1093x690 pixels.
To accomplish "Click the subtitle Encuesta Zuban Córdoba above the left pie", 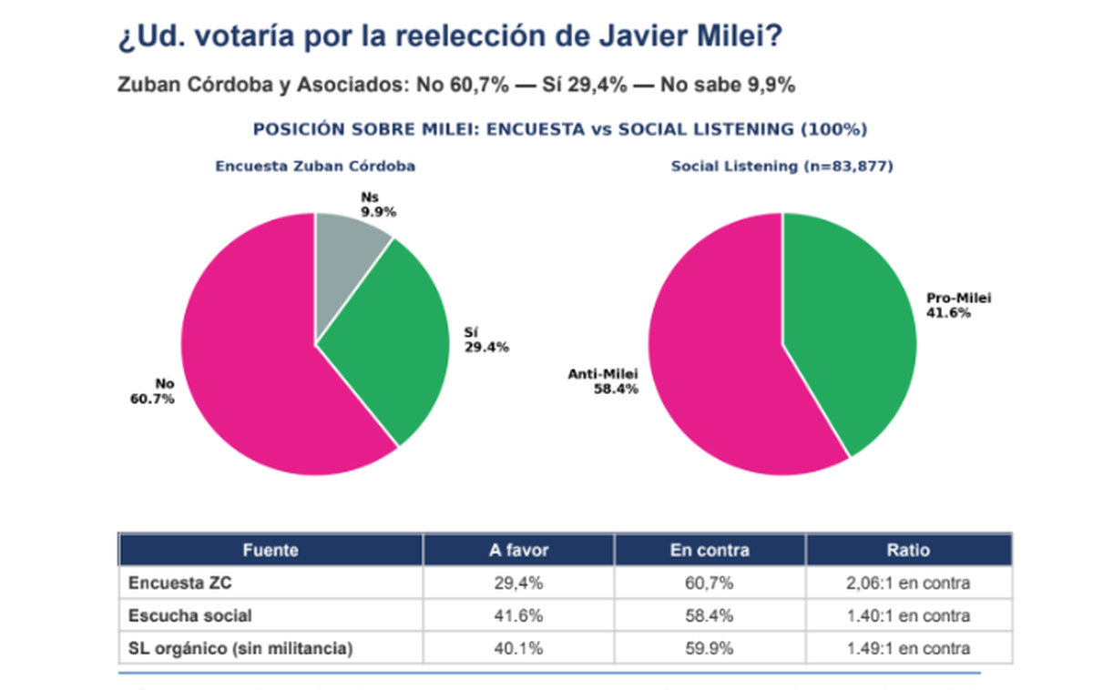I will pos(315,167).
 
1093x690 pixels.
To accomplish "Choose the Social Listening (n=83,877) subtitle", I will pos(781,167).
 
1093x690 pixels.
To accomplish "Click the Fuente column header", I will pos(271,550).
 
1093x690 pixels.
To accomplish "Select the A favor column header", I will pos(518,550).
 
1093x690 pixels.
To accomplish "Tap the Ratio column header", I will pos(908,550).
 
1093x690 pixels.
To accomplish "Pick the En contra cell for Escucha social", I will pos(710,616).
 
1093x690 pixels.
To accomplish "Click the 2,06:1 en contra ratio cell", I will pos(908,583).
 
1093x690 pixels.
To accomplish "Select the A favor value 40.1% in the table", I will pos(518,649).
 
